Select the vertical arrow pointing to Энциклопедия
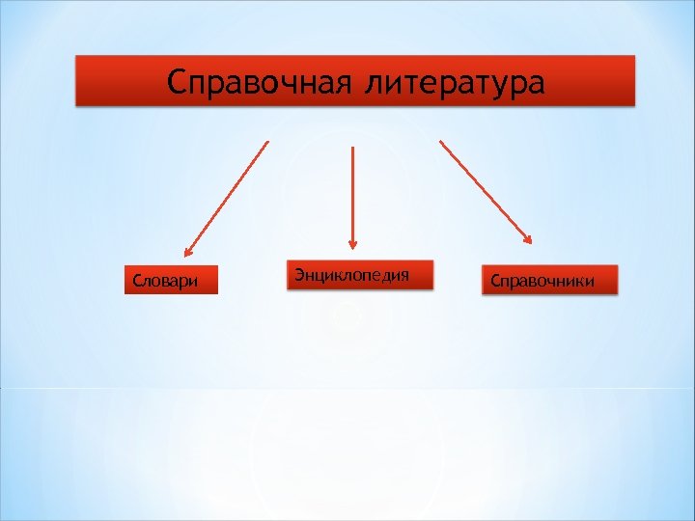(x=352, y=198)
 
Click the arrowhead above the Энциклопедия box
(x=352, y=245)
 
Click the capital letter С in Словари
(x=136, y=282)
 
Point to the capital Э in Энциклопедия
(x=299, y=275)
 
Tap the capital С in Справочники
(x=495, y=282)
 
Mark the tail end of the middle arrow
(x=352, y=148)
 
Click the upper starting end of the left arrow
(x=267, y=143)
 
